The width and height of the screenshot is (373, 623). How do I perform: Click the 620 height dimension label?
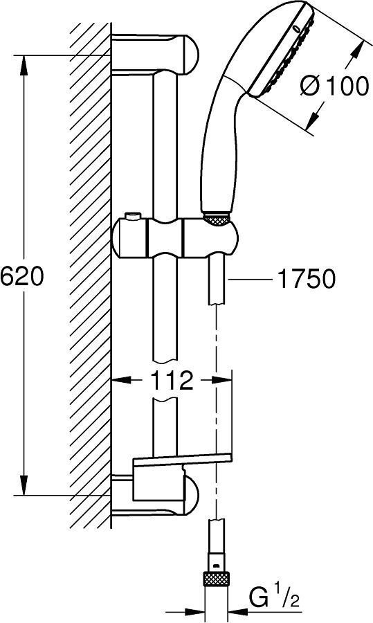(21, 276)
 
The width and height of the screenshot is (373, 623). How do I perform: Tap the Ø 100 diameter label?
(334, 86)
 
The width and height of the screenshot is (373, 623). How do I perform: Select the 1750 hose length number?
(306, 279)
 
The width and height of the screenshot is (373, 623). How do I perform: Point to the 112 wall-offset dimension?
(172, 381)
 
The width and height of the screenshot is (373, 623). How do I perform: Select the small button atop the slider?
(132, 217)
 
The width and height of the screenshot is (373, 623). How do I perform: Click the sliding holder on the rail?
(176, 238)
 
